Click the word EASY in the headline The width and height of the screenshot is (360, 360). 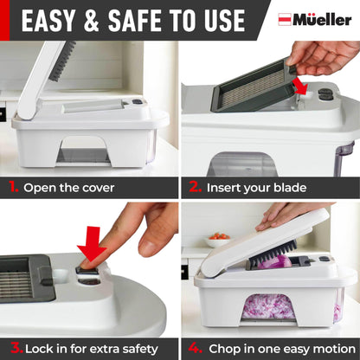point(54,21)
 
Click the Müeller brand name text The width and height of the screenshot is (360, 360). point(321,19)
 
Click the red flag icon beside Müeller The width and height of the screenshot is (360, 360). point(285,19)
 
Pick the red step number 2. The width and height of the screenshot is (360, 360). point(193,186)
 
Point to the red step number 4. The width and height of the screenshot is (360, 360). point(193,348)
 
